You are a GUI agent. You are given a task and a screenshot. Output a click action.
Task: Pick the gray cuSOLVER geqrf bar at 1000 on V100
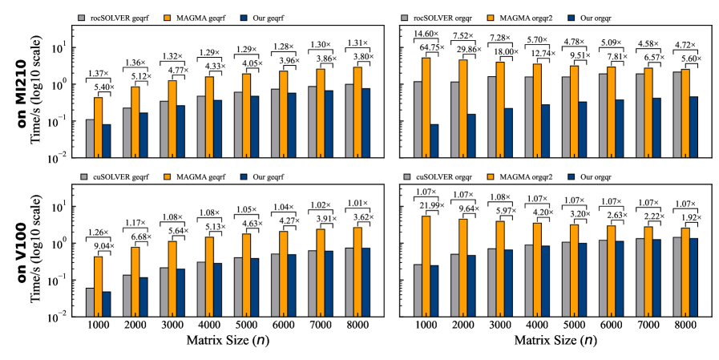90,302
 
